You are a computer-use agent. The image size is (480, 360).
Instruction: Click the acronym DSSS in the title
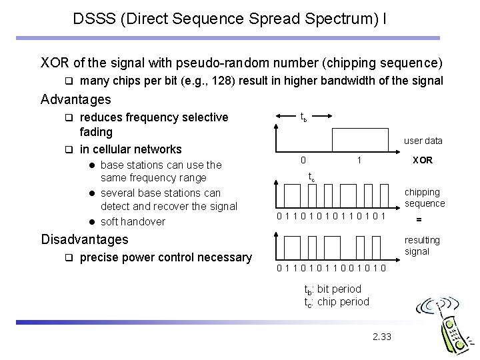coord(95,19)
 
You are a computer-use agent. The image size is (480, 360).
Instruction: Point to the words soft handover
coord(133,221)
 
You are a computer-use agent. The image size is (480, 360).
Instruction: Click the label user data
coord(423,141)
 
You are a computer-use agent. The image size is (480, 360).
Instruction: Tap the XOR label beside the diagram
coord(423,160)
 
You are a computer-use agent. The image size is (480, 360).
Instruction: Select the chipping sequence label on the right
coord(425,198)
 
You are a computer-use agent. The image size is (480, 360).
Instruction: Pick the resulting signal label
coord(423,245)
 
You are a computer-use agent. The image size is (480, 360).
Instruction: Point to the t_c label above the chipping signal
coord(311,177)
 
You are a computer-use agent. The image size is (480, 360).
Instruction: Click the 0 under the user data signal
coord(303,160)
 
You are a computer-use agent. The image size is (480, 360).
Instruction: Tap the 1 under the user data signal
coord(359,160)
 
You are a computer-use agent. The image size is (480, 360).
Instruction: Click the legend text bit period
coord(340,289)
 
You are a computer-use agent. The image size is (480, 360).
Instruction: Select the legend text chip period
coord(344,301)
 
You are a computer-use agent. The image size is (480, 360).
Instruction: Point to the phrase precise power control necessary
coord(165,257)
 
